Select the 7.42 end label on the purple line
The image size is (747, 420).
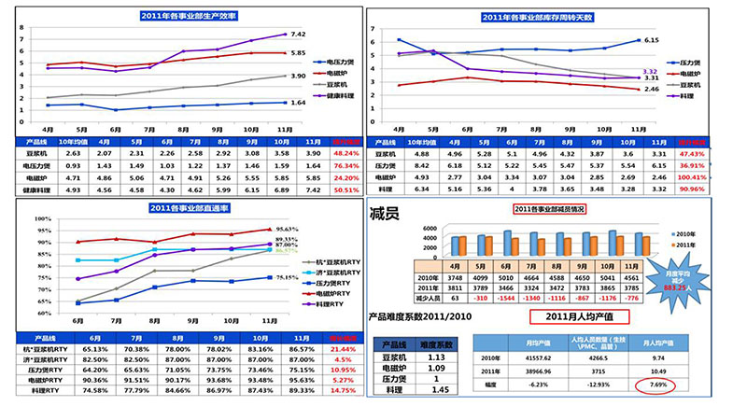[298, 34]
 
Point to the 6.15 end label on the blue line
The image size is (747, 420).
[653, 40]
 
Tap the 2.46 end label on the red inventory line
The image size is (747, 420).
[653, 89]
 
